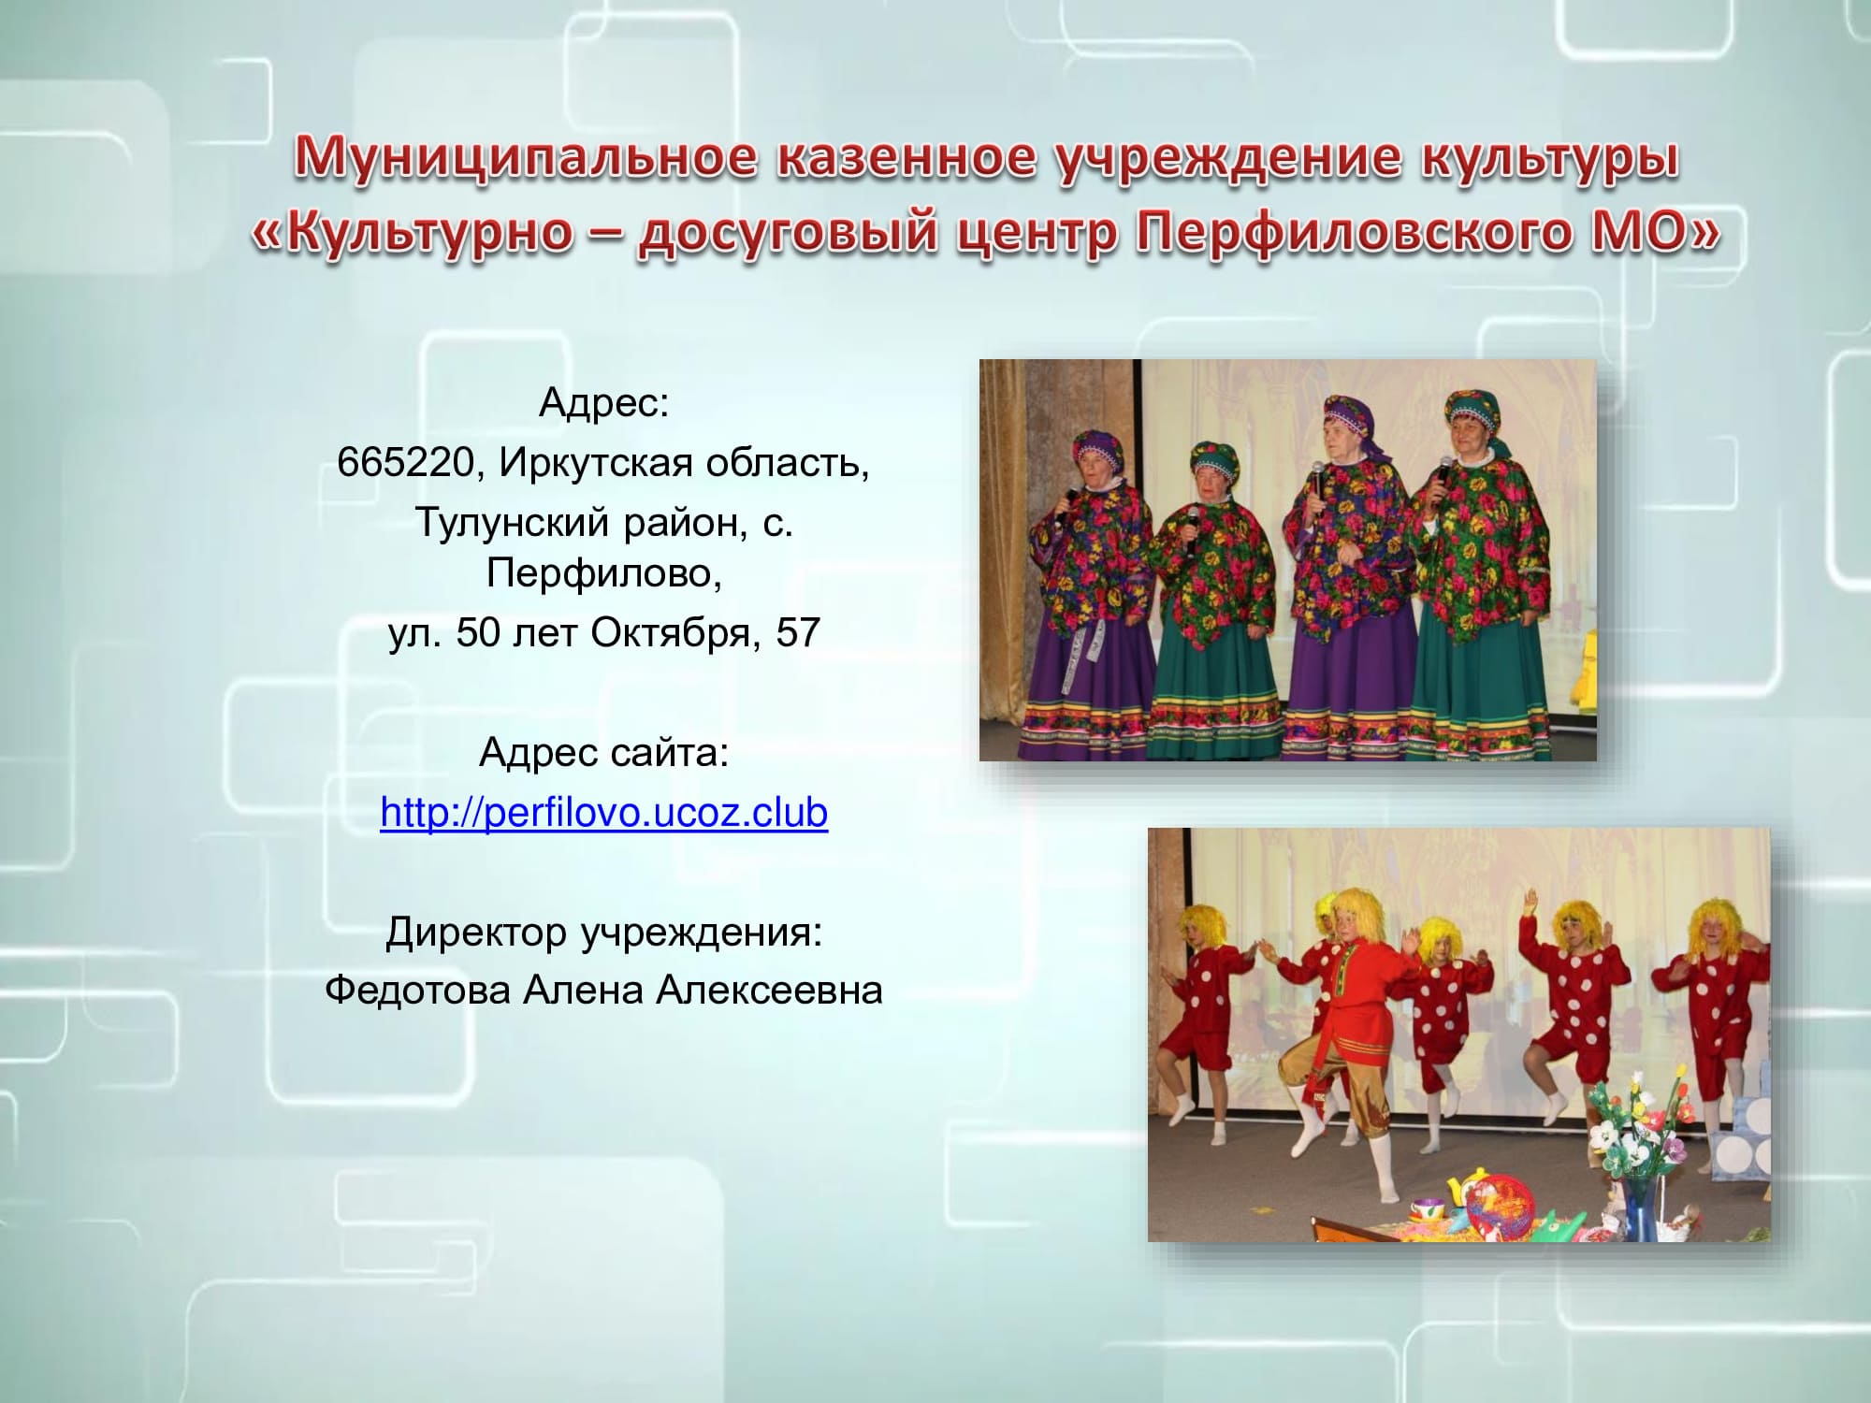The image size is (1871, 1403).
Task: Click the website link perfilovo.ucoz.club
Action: tap(604, 812)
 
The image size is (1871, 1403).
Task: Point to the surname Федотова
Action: tap(419, 990)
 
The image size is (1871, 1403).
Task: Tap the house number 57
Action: tap(798, 633)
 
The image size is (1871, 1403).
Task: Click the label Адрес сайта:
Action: tap(604, 752)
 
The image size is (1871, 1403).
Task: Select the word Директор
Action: tap(476, 932)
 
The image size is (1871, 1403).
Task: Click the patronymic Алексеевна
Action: tap(769, 990)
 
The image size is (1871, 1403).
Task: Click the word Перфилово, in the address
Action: tap(604, 572)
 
